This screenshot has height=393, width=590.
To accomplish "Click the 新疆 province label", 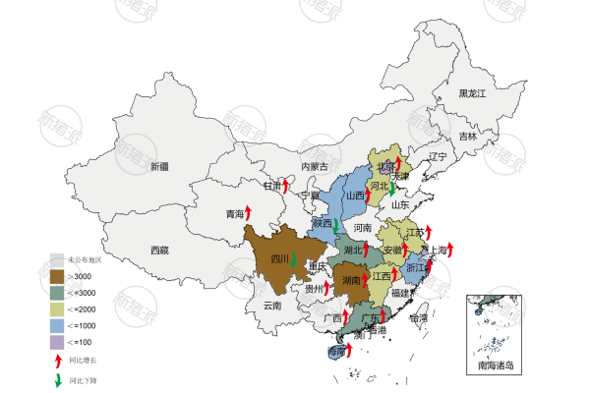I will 159,167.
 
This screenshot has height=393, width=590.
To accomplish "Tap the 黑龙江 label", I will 473,93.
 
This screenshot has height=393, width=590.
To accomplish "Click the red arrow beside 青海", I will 248,212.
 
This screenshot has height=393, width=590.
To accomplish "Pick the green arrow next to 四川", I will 294,259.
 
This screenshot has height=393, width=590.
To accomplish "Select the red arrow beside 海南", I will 349,349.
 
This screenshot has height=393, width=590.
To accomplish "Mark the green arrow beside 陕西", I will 336,226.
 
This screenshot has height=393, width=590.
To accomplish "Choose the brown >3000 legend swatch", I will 57,276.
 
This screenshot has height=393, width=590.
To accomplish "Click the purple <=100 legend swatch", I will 57,341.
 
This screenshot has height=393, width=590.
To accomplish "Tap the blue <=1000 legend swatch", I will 57,324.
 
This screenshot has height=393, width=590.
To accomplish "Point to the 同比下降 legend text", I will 83,379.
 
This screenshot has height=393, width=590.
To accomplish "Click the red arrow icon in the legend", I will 57,360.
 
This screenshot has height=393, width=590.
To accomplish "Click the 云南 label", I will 272,306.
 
